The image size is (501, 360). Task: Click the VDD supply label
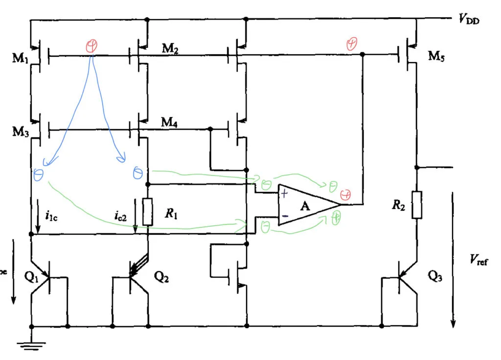click(470, 20)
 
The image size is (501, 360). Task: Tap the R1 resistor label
click(171, 213)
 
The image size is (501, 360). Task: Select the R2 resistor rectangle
click(416, 204)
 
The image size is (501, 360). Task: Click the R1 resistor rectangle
click(148, 212)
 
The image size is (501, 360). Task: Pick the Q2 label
click(162, 276)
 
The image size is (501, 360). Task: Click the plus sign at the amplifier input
click(284, 194)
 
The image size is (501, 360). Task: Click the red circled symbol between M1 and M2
click(91, 46)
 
